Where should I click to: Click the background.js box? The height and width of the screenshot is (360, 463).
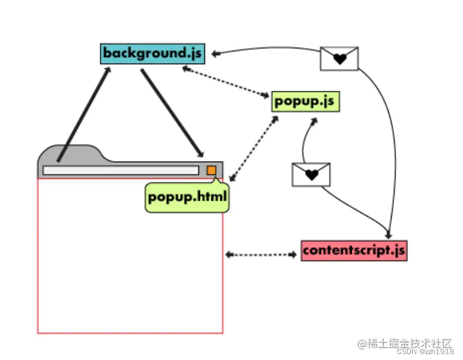point(152,54)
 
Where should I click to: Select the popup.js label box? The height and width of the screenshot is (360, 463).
point(305,101)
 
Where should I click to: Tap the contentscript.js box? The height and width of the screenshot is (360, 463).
point(354,251)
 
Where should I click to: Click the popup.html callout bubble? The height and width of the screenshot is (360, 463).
point(187,197)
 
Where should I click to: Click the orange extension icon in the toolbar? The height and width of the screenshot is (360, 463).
point(211,171)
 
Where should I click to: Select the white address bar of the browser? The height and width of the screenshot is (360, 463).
point(121,171)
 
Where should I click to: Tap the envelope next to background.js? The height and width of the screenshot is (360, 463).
point(339,58)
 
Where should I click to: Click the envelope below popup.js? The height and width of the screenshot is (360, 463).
point(311,174)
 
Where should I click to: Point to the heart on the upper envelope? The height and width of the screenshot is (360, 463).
point(340,59)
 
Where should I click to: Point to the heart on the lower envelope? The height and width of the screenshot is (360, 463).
point(312,175)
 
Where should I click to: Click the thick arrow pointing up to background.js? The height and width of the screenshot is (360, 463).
point(84,112)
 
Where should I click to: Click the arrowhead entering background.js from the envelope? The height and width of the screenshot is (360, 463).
point(216,54)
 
